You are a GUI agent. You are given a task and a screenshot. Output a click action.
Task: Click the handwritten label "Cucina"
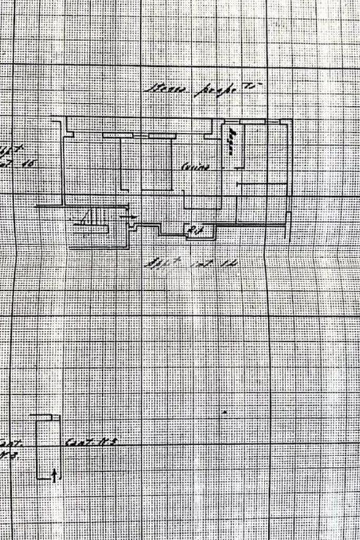pos(196,168)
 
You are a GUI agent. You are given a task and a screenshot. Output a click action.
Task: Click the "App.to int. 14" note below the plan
pos(190,262)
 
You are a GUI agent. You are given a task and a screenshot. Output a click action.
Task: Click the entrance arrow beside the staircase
pos(129,216)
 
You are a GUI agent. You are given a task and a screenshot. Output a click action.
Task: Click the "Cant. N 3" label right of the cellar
pos(90,442)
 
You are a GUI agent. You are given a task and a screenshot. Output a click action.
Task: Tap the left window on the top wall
pos(117,136)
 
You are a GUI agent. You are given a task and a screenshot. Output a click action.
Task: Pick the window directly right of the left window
pos(162,136)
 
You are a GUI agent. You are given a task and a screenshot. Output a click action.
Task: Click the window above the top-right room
pos(252,122)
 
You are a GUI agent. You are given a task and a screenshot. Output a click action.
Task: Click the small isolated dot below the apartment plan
pos(225,412)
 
